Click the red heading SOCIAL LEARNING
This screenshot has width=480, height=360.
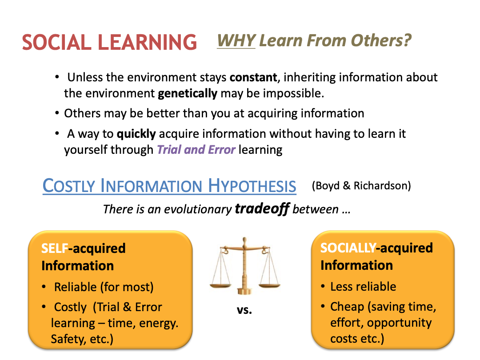click(x=109, y=42)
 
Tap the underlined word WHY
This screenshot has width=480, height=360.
click(x=236, y=40)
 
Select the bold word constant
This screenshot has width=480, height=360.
click(x=253, y=77)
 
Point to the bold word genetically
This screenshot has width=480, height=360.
click(x=188, y=93)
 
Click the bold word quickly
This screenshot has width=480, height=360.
click(x=136, y=134)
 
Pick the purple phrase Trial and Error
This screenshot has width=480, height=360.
click(x=196, y=150)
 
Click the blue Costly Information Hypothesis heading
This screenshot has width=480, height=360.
click(x=169, y=186)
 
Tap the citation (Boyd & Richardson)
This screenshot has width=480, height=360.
click(x=361, y=186)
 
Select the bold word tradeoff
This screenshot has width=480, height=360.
click(x=262, y=209)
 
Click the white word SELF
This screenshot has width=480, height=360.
click(x=55, y=248)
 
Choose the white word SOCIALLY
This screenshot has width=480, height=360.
click(x=348, y=248)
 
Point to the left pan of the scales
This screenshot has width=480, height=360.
click(x=220, y=286)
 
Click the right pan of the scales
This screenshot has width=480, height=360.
click(x=269, y=286)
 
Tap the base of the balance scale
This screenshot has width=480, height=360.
click(x=244, y=291)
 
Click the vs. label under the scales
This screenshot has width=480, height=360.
click(x=244, y=310)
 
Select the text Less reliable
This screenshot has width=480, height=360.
click(x=363, y=287)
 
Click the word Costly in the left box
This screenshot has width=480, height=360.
click(x=70, y=307)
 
